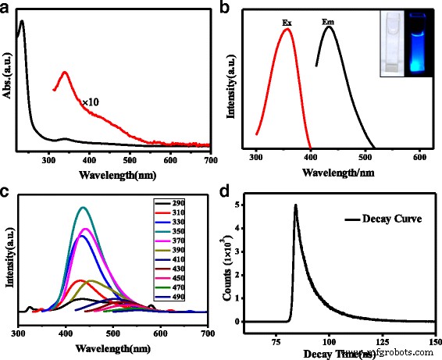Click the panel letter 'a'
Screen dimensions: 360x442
(x=7, y=9)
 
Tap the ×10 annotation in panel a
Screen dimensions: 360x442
(x=92, y=102)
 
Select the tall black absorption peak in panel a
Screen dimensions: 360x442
(x=22, y=23)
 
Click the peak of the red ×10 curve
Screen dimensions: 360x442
(x=66, y=73)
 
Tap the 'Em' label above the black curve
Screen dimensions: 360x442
(x=329, y=23)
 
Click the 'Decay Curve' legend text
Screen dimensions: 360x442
(x=384, y=219)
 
